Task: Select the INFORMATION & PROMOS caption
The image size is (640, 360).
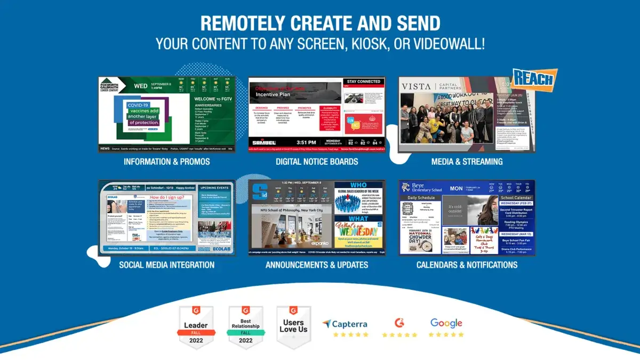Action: tap(167, 162)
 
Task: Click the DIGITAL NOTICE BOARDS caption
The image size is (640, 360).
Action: tap(317, 162)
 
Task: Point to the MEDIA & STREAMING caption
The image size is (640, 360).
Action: tap(467, 162)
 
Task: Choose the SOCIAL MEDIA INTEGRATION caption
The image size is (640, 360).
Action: tap(167, 265)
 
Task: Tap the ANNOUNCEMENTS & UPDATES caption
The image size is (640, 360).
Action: tap(317, 265)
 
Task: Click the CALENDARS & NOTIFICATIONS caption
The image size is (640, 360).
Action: tap(467, 265)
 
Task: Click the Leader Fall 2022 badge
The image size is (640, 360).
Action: tap(196, 326)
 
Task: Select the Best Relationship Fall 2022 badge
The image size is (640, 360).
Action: tap(245, 326)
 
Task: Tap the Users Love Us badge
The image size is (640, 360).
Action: tap(293, 326)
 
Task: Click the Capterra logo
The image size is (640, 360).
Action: tap(346, 324)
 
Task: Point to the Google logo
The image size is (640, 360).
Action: tap(446, 323)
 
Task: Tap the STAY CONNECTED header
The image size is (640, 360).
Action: tap(363, 82)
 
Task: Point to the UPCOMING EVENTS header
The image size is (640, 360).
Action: tap(215, 188)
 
